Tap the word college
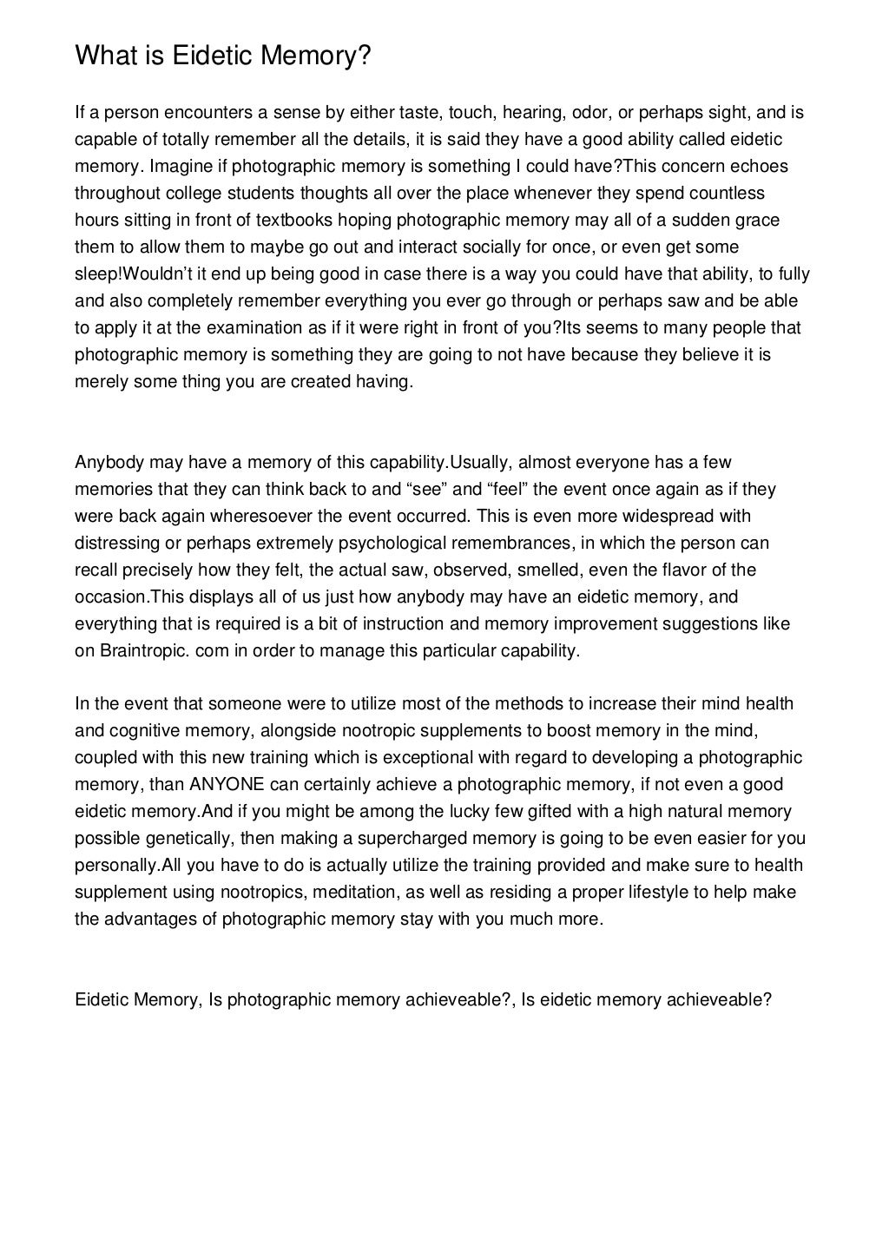click(x=190, y=193)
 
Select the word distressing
click(x=115, y=544)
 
